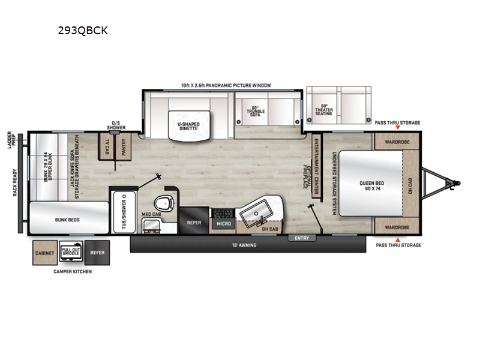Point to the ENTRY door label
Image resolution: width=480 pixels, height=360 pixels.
click(x=302, y=238)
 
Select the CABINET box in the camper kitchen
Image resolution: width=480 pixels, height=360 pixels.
click(x=45, y=253)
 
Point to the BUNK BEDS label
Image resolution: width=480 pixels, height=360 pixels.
click(x=69, y=220)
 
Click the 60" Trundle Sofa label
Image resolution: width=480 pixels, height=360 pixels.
click(x=255, y=113)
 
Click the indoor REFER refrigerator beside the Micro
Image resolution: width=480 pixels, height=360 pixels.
click(x=194, y=223)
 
